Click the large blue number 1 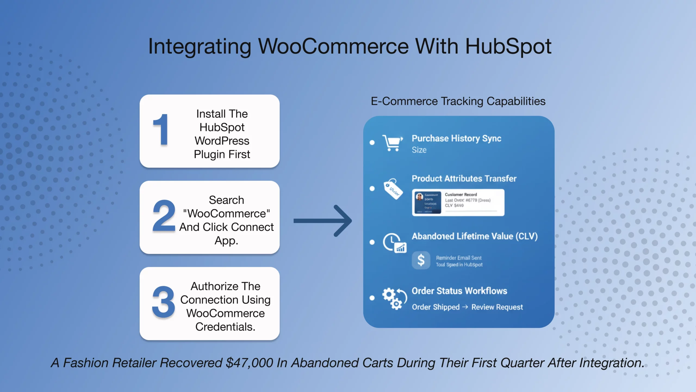(161, 130)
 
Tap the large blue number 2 (164, 216)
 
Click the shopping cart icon (392, 142)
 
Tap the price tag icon (393, 189)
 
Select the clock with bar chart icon (394, 243)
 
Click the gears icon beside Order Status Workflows (394, 298)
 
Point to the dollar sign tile (421, 260)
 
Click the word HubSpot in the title (508, 46)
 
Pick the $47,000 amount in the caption (249, 363)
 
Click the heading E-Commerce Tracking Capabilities (458, 101)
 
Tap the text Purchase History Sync (456, 138)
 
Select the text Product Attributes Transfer (464, 178)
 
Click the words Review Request (497, 307)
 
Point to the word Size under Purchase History (419, 150)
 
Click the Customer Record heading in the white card (461, 194)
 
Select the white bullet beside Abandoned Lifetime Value (372, 242)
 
